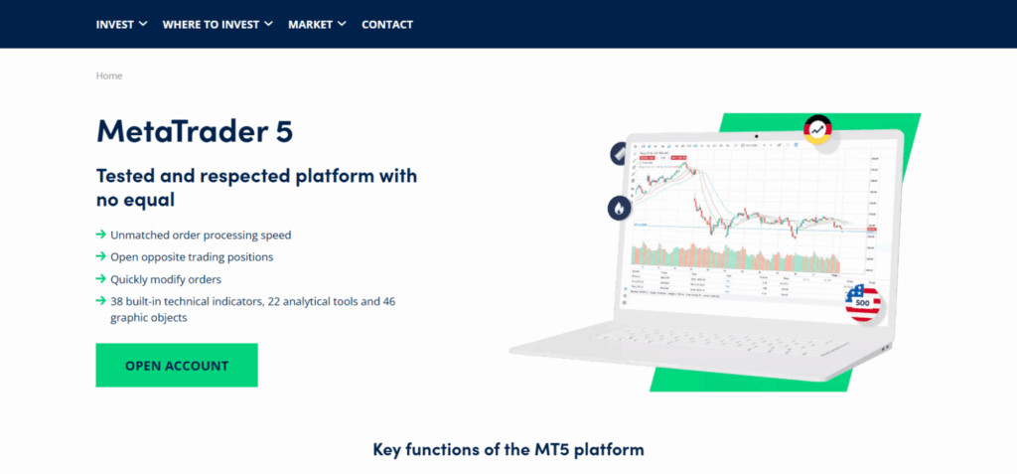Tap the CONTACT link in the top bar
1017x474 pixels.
387,24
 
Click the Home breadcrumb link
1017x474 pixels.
109,76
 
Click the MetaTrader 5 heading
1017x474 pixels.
195,131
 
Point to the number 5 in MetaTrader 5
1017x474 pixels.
284,131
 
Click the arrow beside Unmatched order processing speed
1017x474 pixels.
100,235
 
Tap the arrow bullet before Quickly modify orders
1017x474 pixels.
100,279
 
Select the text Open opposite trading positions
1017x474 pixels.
192,257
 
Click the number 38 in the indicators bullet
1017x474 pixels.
117,301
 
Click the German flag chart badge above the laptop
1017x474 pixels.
817,129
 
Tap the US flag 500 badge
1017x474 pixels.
861,302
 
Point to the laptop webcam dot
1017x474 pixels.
756,135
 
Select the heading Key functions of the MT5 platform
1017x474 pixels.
508,449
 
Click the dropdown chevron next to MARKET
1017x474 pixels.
343,24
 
